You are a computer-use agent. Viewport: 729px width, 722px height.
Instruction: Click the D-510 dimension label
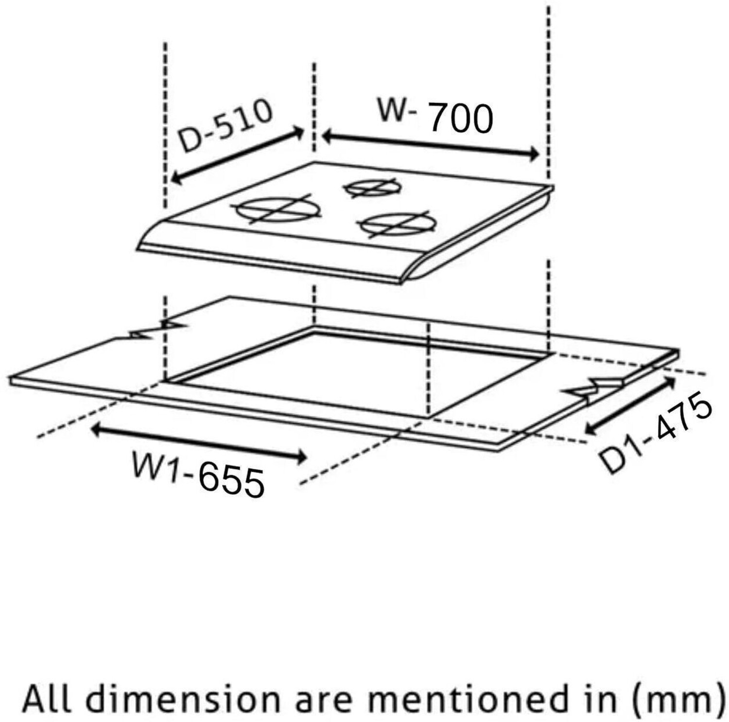pos(225,125)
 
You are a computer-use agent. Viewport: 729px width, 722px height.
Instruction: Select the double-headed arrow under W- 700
pos(431,145)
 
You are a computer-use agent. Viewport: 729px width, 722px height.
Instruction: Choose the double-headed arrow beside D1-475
pos(630,406)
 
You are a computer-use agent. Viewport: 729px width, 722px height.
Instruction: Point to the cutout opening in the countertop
pos(358,372)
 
